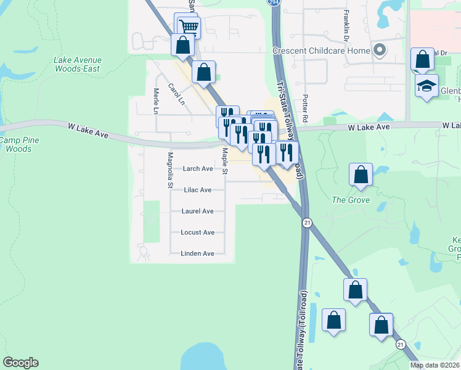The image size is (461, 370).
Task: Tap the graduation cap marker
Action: (426, 86)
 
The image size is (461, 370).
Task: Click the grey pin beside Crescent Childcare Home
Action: (380, 51)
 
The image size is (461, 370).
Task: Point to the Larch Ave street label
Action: (198, 168)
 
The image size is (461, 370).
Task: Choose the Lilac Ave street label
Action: (197, 190)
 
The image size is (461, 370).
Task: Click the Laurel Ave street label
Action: (197, 211)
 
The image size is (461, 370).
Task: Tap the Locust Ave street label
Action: (197, 232)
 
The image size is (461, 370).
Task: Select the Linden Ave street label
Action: (197, 253)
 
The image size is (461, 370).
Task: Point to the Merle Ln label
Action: (156, 101)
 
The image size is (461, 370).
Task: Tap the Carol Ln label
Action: (176, 94)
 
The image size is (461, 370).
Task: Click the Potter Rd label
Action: (304, 108)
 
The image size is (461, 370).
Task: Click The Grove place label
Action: (351, 200)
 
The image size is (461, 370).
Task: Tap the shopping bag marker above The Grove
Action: (361, 176)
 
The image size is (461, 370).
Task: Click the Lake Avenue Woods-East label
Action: (77, 64)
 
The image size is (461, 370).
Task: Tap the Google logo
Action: (20, 363)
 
